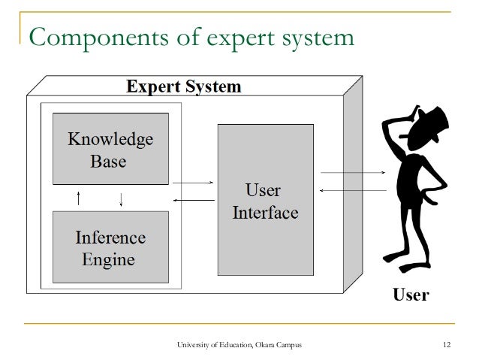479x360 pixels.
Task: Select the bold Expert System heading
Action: click(184, 86)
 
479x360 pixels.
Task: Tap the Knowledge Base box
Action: click(110, 149)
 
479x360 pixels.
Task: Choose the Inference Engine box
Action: click(110, 248)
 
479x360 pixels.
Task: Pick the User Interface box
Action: click(266, 200)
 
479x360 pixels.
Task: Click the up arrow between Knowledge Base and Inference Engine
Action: click(79, 198)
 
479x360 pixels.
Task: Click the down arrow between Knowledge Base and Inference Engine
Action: click(121, 198)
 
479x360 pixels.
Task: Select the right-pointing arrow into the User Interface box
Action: click(193, 183)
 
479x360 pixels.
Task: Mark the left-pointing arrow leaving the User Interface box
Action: click(193, 199)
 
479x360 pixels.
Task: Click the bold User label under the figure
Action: click(411, 294)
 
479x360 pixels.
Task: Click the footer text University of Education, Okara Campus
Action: click(239, 345)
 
